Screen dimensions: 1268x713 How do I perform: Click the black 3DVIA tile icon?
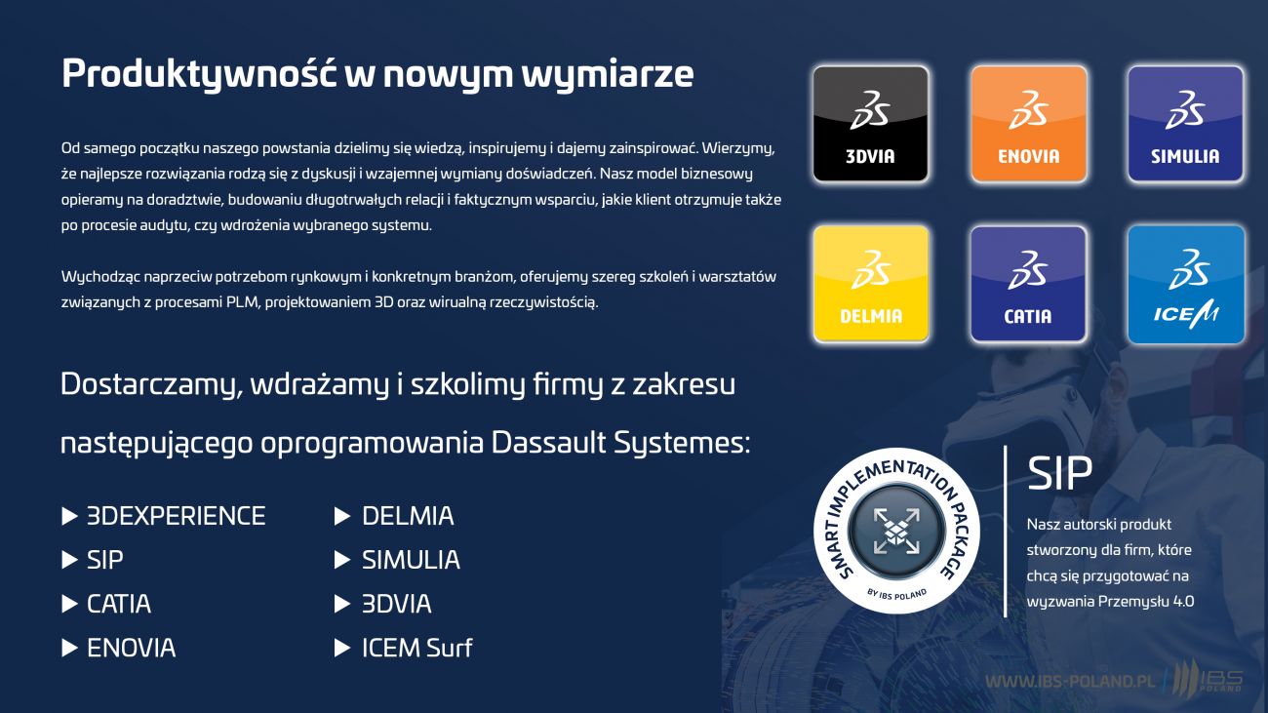[871, 123]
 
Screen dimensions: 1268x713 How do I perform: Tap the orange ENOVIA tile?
[1029, 123]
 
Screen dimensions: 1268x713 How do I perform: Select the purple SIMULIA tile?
[1185, 123]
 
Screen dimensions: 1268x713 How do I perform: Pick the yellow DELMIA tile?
[871, 284]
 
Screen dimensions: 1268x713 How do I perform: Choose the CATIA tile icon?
[1029, 284]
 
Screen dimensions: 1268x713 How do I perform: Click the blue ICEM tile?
[1185, 284]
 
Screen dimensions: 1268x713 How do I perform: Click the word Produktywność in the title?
[199, 73]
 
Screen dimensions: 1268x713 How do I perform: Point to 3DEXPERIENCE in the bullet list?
[176, 516]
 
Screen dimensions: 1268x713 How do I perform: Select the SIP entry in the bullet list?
[104, 560]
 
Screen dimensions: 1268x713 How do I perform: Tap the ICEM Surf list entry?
[417, 648]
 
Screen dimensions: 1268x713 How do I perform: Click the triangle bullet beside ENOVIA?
[69, 648]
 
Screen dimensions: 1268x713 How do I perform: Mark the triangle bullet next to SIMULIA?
[342, 560]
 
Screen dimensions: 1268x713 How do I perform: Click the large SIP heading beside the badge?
[1059, 473]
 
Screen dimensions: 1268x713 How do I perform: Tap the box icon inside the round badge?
[896, 531]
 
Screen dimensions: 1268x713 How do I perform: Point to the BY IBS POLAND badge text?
[896, 594]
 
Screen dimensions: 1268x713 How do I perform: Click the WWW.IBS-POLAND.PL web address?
[1070, 682]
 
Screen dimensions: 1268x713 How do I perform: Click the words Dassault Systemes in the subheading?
[620, 443]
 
